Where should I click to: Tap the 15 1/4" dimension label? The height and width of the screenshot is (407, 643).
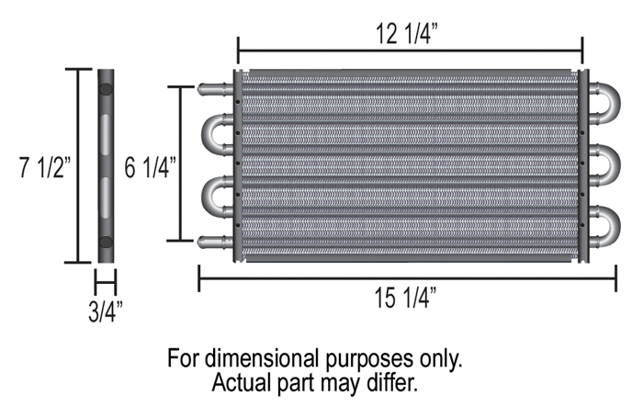(x=405, y=298)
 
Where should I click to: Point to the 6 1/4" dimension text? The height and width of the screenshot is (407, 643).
(x=150, y=168)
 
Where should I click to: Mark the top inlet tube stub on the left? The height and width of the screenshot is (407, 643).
(x=213, y=89)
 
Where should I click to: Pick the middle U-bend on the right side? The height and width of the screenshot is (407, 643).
(x=607, y=164)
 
